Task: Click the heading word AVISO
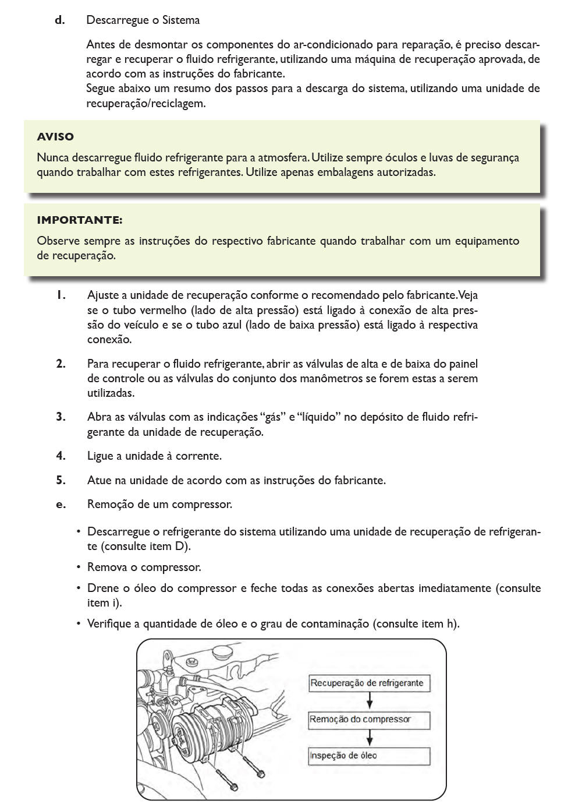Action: (55, 137)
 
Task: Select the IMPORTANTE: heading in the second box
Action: (79, 220)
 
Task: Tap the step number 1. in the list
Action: (61, 295)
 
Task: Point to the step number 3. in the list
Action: (61, 417)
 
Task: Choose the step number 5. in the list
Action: (61, 481)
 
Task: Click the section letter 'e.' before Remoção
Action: (61, 505)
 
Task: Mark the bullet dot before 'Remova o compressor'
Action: (78, 568)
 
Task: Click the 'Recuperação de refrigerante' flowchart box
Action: (369, 683)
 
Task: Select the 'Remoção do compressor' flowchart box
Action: (369, 720)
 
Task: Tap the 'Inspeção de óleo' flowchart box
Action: (369, 756)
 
